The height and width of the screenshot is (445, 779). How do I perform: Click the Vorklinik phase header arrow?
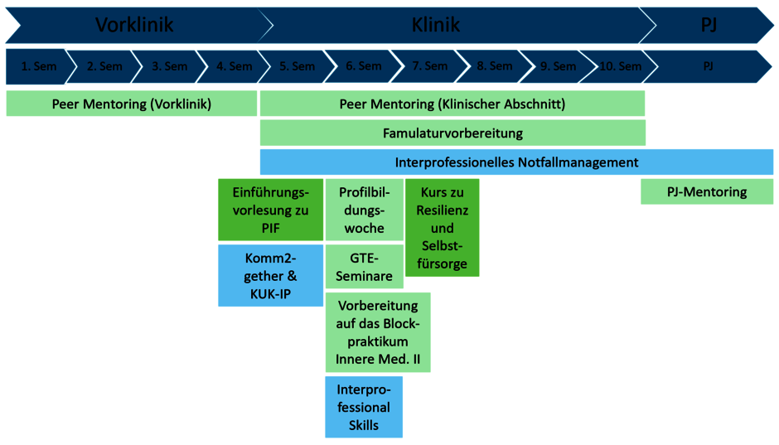coord(134,25)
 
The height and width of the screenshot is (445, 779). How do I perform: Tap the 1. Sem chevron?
coord(39,66)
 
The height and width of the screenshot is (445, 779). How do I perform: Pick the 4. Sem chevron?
coord(234,66)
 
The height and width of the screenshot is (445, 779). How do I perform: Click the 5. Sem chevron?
coord(297,66)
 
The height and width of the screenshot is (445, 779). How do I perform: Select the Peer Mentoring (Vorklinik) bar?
coord(132,104)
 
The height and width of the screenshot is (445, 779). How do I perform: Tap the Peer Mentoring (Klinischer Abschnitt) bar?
coord(452,104)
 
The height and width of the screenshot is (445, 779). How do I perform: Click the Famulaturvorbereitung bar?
coord(452,133)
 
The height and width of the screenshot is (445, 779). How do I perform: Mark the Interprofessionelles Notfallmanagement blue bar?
coord(516,162)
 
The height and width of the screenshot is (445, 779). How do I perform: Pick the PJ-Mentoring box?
coord(707,191)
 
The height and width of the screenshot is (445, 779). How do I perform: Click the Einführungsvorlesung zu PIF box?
coord(271,210)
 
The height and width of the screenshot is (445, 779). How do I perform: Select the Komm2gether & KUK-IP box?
coord(271,276)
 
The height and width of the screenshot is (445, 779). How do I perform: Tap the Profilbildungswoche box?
coord(364,210)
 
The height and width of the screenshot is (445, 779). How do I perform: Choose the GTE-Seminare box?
coord(364,267)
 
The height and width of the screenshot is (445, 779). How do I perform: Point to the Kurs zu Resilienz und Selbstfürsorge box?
coord(443,228)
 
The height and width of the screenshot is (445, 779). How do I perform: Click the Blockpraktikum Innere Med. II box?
coord(378,332)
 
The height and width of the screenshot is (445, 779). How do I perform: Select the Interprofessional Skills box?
coord(364,407)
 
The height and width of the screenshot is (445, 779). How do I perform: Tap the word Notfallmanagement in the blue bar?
coord(578,162)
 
